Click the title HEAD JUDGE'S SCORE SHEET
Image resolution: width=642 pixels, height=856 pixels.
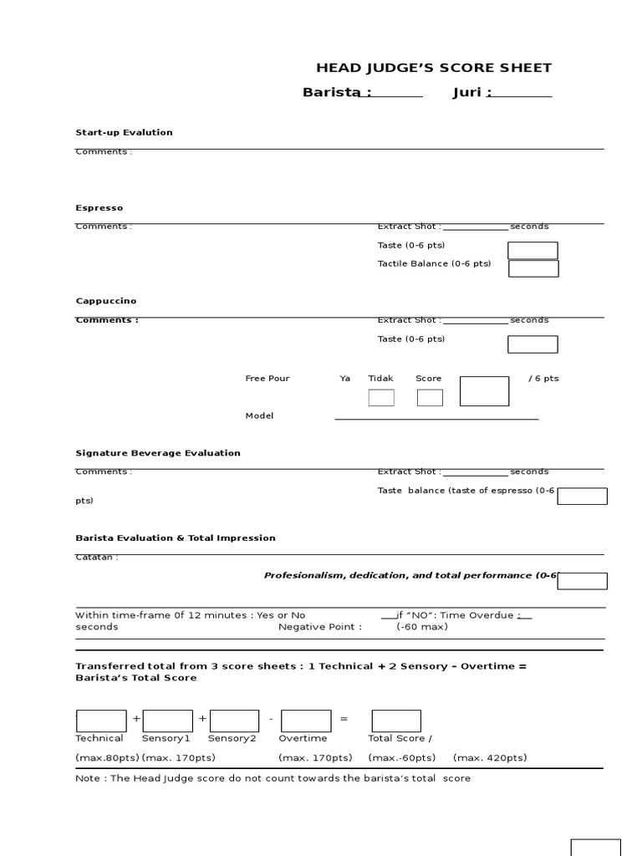coord(433,69)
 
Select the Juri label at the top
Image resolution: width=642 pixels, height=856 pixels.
coord(471,93)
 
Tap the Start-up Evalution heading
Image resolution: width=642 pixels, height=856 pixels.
coord(124,132)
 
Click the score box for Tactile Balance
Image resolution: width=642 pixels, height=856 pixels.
coord(533,268)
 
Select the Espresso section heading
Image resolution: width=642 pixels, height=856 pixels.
coord(99,207)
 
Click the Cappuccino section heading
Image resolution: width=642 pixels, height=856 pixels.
coord(105,301)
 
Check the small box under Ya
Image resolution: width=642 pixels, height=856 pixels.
coord(381,398)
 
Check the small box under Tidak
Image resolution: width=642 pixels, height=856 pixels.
coord(430,398)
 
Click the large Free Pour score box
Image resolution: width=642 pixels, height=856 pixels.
coord(484,391)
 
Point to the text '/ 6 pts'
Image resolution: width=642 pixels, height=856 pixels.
coord(543,379)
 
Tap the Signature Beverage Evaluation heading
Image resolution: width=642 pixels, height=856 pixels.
coord(157,453)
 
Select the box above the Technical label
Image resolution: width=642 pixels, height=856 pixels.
coord(102,721)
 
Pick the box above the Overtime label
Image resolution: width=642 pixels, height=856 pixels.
coord(306,721)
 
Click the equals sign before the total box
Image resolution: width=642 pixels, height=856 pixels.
coord(344,720)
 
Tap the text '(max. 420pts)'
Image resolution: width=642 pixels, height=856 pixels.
coord(490,758)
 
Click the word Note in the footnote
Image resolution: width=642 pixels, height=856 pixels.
coord(87,778)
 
